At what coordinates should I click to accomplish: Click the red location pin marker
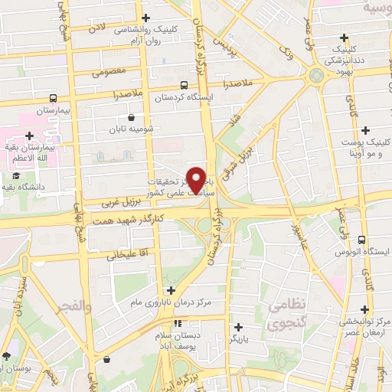pos(197,179)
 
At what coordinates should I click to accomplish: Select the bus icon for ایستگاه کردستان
pos(184,86)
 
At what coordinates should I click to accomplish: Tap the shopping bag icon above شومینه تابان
pos(132,118)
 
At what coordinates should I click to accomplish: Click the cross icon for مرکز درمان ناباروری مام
pos(171,290)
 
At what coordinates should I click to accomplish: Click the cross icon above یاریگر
pos(238,328)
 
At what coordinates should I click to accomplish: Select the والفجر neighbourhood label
pos(73,308)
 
